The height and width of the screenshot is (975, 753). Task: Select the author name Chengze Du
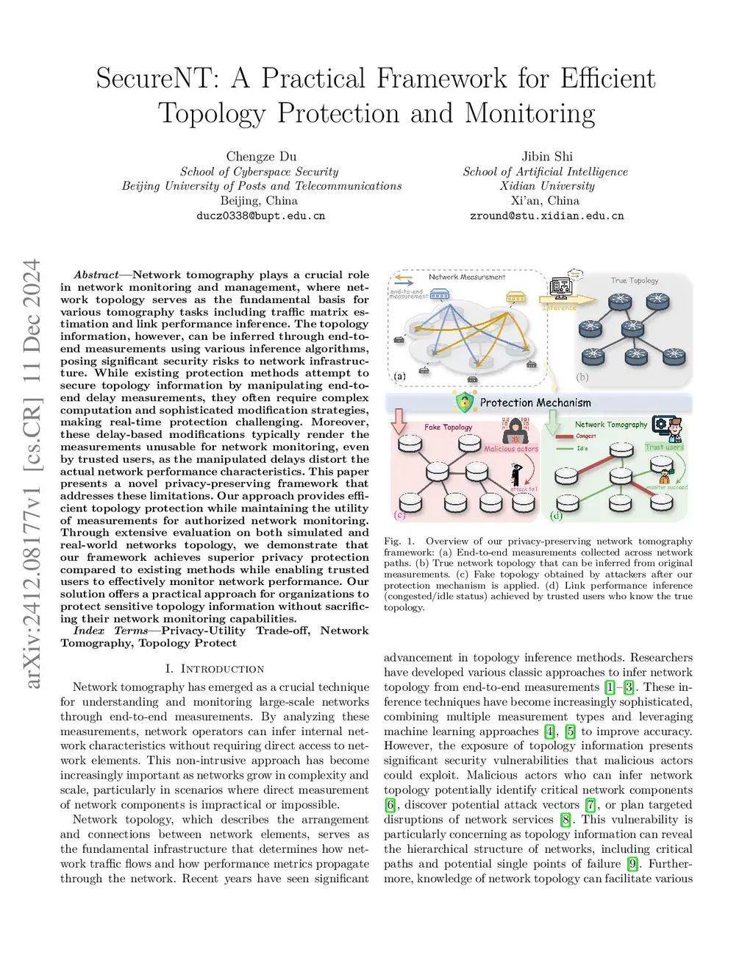[x=261, y=156]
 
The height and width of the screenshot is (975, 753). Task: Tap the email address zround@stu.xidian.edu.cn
[x=546, y=216]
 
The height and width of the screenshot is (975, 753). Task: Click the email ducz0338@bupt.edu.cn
[x=260, y=216]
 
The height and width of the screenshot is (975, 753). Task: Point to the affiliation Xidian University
[x=547, y=185]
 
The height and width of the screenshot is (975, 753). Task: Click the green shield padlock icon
[x=464, y=402]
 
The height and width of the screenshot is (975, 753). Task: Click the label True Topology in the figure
[x=634, y=280]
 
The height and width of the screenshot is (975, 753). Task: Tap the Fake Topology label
[x=448, y=427]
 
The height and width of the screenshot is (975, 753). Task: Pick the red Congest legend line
[x=565, y=436]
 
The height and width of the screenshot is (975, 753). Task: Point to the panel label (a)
[x=399, y=376]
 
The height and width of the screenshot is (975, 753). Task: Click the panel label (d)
[x=556, y=515]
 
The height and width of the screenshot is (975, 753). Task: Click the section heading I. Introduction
[x=215, y=669]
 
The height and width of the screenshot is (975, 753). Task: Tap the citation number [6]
[x=390, y=804]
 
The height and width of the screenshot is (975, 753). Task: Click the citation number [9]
[x=632, y=863]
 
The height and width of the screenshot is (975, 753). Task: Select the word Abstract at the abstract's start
[x=96, y=274]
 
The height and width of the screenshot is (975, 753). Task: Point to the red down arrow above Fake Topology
[x=399, y=422]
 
